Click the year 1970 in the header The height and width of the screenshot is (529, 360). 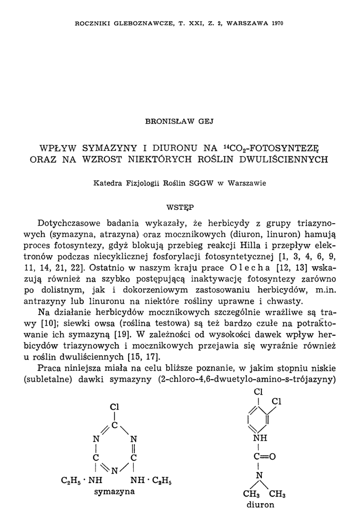[x=276, y=23]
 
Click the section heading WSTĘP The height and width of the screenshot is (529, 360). [x=180, y=207]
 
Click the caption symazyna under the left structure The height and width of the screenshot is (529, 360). [x=114, y=491]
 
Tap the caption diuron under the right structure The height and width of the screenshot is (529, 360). [x=260, y=504]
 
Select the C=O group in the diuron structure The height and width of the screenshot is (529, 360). [x=264, y=457]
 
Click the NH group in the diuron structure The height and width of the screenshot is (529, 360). [x=260, y=439]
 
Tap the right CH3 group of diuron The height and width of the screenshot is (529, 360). [x=277, y=493]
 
